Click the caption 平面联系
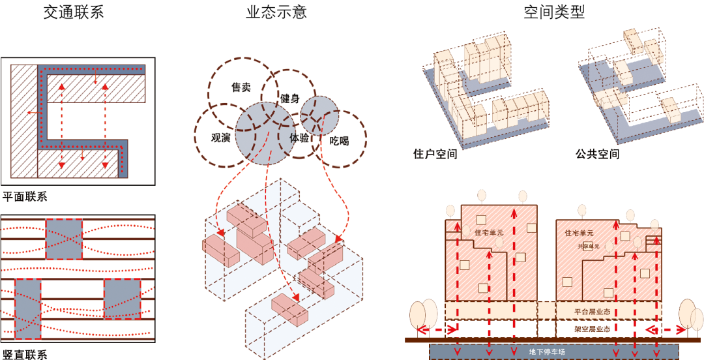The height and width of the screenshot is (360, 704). (x=25, y=196)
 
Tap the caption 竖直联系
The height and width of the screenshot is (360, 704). (x=25, y=354)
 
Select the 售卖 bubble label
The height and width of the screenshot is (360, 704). (x=241, y=87)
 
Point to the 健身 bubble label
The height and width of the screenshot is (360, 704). (x=290, y=99)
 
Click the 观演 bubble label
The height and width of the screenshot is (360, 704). (x=221, y=138)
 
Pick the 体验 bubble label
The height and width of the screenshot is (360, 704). (x=299, y=138)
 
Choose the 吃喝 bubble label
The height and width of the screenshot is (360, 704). (x=339, y=140)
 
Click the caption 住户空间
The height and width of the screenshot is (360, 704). (x=435, y=155)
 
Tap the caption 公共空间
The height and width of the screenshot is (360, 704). (x=596, y=155)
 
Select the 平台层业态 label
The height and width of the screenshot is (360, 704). (x=592, y=311)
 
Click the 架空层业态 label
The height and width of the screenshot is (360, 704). (x=592, y=329)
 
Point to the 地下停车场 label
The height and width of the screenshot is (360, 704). (x=547, y=352)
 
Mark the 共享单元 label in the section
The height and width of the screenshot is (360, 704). (x=586, y=247)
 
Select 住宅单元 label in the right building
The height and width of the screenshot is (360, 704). (x=579, y=233)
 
